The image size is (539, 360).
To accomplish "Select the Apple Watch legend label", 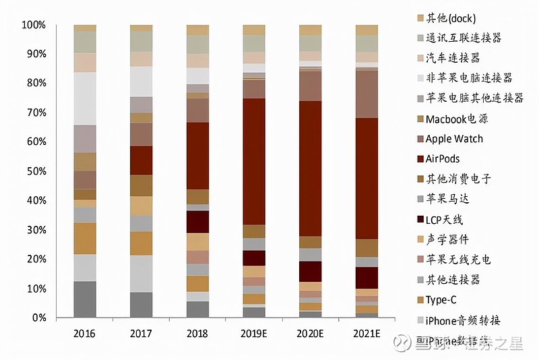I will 454,138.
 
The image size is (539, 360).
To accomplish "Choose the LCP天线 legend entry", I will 444,219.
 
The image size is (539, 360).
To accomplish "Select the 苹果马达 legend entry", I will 444,199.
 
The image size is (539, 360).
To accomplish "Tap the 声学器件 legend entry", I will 449,239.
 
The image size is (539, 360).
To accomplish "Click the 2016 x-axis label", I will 85,334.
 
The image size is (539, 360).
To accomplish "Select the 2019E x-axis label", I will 254,334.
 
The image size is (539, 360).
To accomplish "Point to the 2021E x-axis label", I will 367,334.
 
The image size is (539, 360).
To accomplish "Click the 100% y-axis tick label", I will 34,25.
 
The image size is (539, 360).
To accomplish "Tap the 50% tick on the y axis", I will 36,171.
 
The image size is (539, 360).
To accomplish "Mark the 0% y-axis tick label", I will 38,318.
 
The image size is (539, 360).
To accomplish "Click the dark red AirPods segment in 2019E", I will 254,161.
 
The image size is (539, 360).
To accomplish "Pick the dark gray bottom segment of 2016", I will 85,299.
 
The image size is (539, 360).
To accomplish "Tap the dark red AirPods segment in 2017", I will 141,160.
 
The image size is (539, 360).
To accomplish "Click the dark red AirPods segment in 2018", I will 197,156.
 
